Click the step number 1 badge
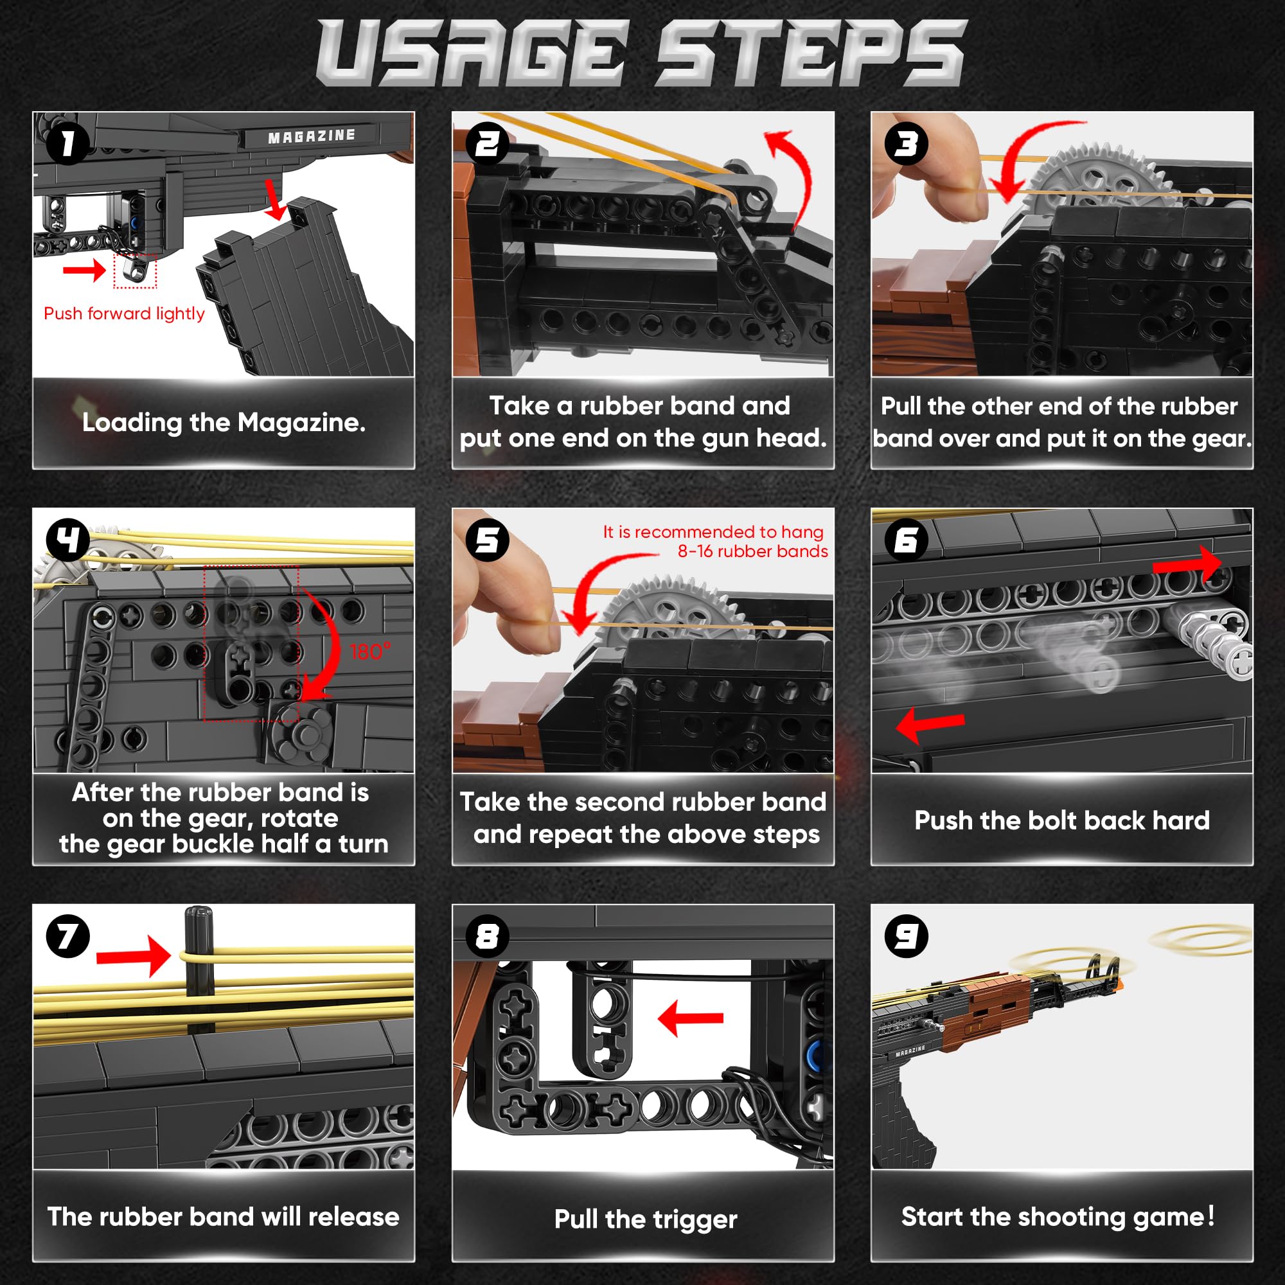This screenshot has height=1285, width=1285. click(68, 144)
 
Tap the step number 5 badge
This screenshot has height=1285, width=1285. click(488, 540)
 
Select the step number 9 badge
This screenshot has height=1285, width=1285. click(907, 936)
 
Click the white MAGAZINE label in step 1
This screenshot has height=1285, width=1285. click(311, 136)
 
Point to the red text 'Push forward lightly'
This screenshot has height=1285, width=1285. click(125, 314)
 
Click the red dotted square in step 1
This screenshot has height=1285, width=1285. click(135, 270)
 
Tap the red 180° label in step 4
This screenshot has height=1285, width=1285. click(371, 651)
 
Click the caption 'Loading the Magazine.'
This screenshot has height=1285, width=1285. click(224, 423)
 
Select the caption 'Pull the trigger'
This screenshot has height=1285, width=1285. click(646, 1219)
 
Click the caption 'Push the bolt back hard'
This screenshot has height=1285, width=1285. click(1061, 820)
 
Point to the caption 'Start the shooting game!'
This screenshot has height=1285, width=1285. click(1058, 1216)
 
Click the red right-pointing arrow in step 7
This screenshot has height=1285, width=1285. click(134, 957)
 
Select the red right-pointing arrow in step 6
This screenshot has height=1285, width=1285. click(1187, 563)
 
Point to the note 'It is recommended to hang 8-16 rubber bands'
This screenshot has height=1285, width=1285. click(715, 542)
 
